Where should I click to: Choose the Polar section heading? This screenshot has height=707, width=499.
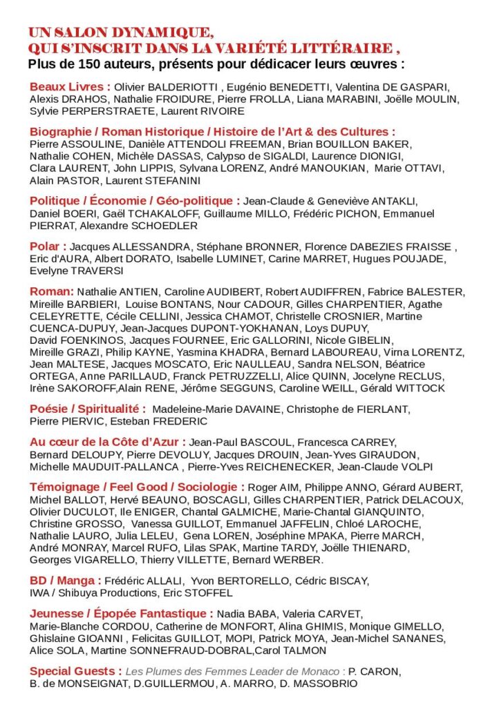(48, 246)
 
